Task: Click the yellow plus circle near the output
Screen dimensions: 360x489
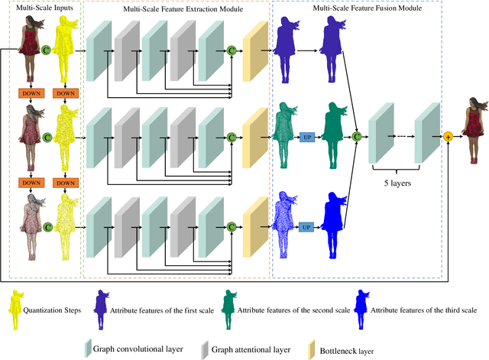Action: pos(449,135)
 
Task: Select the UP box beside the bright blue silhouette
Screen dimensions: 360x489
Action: pos(306,226)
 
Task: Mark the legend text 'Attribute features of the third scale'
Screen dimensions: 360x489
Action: pos(423,310)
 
